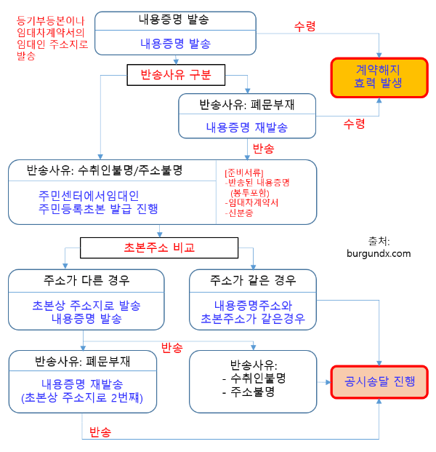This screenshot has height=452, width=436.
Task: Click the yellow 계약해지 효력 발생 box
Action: (x=379, y=76)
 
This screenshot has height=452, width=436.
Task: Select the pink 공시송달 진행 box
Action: (x=380, y=380)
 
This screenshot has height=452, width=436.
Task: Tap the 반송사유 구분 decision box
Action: (x=175, y=74)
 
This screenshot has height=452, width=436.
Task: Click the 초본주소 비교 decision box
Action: (x=159, y=247)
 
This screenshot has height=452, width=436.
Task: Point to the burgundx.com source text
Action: (x=379, y=253)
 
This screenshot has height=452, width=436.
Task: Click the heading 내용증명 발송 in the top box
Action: (x=175, y=19)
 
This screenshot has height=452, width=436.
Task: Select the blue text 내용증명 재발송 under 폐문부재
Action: (x=246, y=127)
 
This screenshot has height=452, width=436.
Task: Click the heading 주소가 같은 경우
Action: (x=253, y=279)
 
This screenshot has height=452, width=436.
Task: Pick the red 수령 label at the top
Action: (x=304, y=26)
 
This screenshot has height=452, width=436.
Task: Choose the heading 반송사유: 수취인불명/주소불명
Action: (x=104, y=170)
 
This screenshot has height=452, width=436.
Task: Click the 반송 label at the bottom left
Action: (x=100, y=432)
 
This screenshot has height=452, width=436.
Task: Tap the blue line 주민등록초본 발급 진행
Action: (x=99, y=209)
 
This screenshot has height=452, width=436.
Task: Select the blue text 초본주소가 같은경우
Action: (x=252, y=319)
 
